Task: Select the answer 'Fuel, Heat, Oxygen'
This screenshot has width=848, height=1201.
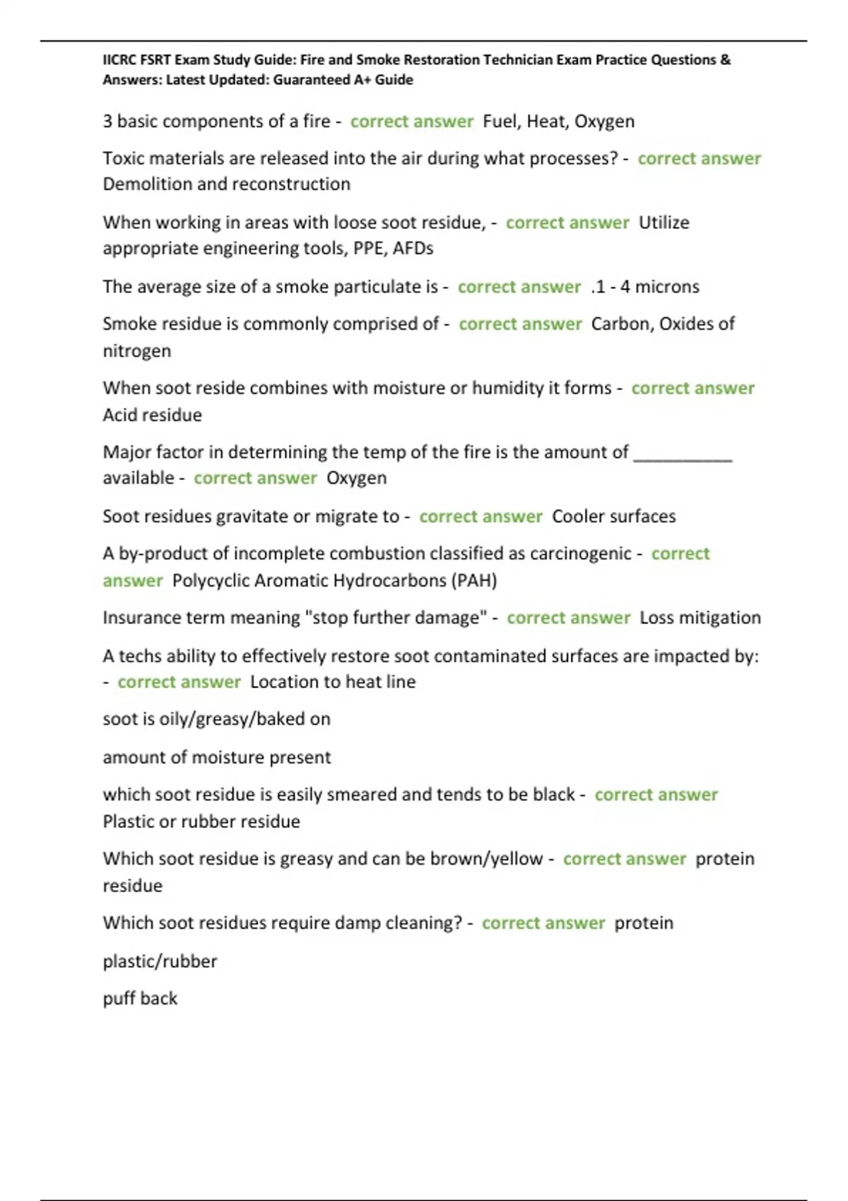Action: click(x=558, y=122)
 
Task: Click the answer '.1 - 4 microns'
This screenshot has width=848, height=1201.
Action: click(x=644, y=287)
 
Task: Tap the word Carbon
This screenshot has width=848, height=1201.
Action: click(x=620, y=324)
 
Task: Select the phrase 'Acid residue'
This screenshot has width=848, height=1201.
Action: click(x=152, y=415)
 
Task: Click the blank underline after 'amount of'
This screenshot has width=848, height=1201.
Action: click(x=683, y=454)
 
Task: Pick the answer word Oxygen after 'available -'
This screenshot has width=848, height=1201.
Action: click(x=356, y=478)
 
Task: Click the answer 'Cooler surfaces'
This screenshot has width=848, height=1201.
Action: click(x=613, y=516)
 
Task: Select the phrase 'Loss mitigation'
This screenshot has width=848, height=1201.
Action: click(x=700, y=618)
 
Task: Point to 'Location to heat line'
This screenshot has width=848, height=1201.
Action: click(x=333, y=682)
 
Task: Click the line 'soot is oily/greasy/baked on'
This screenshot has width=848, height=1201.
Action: click(x=216, y=719)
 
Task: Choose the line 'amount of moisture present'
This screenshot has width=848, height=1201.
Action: click(x=216, y=757)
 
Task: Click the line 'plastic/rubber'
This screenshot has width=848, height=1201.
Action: click(x=160, y=962)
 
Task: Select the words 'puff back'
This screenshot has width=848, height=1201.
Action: click(x=140, y=999)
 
